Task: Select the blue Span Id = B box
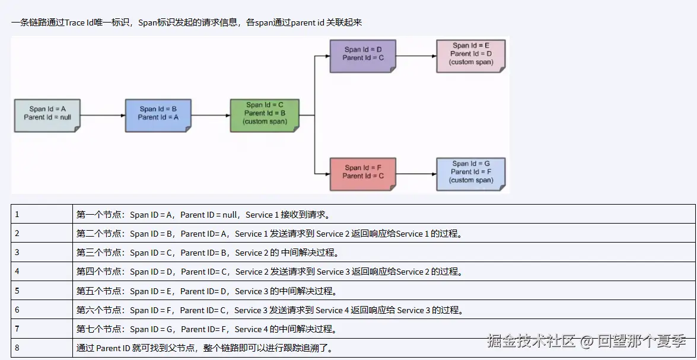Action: [158, 114]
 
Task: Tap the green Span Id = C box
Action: [265, 114]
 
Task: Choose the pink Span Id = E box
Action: [471, 55]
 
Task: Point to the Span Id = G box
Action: [471, 173]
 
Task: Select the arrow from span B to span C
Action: [211, 115]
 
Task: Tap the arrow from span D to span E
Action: [416, 56]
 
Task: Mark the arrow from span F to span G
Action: [416, 174]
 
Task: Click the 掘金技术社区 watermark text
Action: [531, 341]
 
